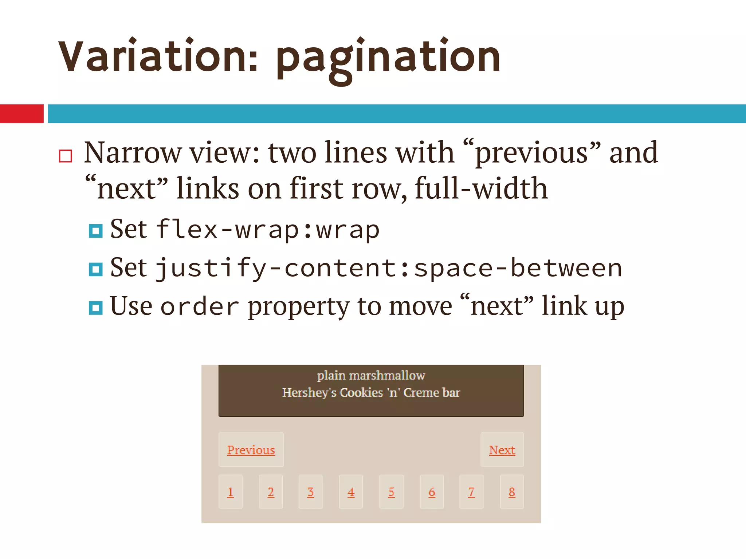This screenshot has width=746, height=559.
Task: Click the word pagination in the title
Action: click(x=388, y=58)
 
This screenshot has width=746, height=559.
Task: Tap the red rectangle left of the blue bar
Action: click(x=21, y=114)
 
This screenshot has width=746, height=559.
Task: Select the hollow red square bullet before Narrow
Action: click(x=66, y=156)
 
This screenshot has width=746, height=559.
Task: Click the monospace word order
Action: click(x=200, y=307)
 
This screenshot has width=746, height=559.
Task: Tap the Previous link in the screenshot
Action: click(x=251, y=450)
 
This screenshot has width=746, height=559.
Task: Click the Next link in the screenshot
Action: click(x=502, y=450)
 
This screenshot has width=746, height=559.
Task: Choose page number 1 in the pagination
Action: click(x=230, y=492)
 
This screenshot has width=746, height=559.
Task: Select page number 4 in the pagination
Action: click(x=351, y=492)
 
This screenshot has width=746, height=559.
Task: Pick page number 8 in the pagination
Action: click(x=512, y=492)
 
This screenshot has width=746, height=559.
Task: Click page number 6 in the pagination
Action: click(x=432, y=492)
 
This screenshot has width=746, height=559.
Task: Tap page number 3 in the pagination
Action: click(x=310, y=492)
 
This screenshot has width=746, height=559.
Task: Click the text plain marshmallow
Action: click(x=371, y=375)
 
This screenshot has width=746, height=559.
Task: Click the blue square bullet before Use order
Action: click(x=95, y=308)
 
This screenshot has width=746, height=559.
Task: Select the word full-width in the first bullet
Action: click(x=481, y=189)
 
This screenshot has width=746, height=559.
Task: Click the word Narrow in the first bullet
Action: click(x=133, y=153)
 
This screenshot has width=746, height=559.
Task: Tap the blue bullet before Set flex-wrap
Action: click(x=95, y=231)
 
